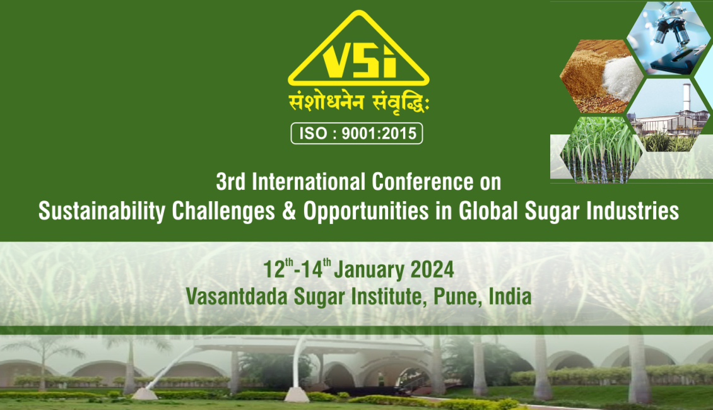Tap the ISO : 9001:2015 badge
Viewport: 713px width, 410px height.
[x=357, y=133]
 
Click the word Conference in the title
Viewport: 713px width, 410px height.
[x=423, y=182]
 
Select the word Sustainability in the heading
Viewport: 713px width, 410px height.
[x=102, y=211]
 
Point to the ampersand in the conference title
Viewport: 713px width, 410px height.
[x=289, y=211]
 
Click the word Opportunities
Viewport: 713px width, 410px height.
[x=366, y=211]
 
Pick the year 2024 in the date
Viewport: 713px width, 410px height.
[x=432, y=269]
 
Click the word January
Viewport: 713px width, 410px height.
[x=369, y=270]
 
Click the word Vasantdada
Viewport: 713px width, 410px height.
[x=237, y=297]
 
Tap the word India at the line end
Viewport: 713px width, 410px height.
[x=510, y=297]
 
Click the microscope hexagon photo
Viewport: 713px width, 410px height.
[x=668, y=38]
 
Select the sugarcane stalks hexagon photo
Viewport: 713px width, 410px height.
[x=601, y=149]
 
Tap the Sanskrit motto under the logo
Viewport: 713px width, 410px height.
[x=359, y=103]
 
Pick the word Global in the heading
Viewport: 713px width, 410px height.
[x=488, y=211]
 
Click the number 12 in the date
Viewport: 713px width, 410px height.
[x=274, y=269]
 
